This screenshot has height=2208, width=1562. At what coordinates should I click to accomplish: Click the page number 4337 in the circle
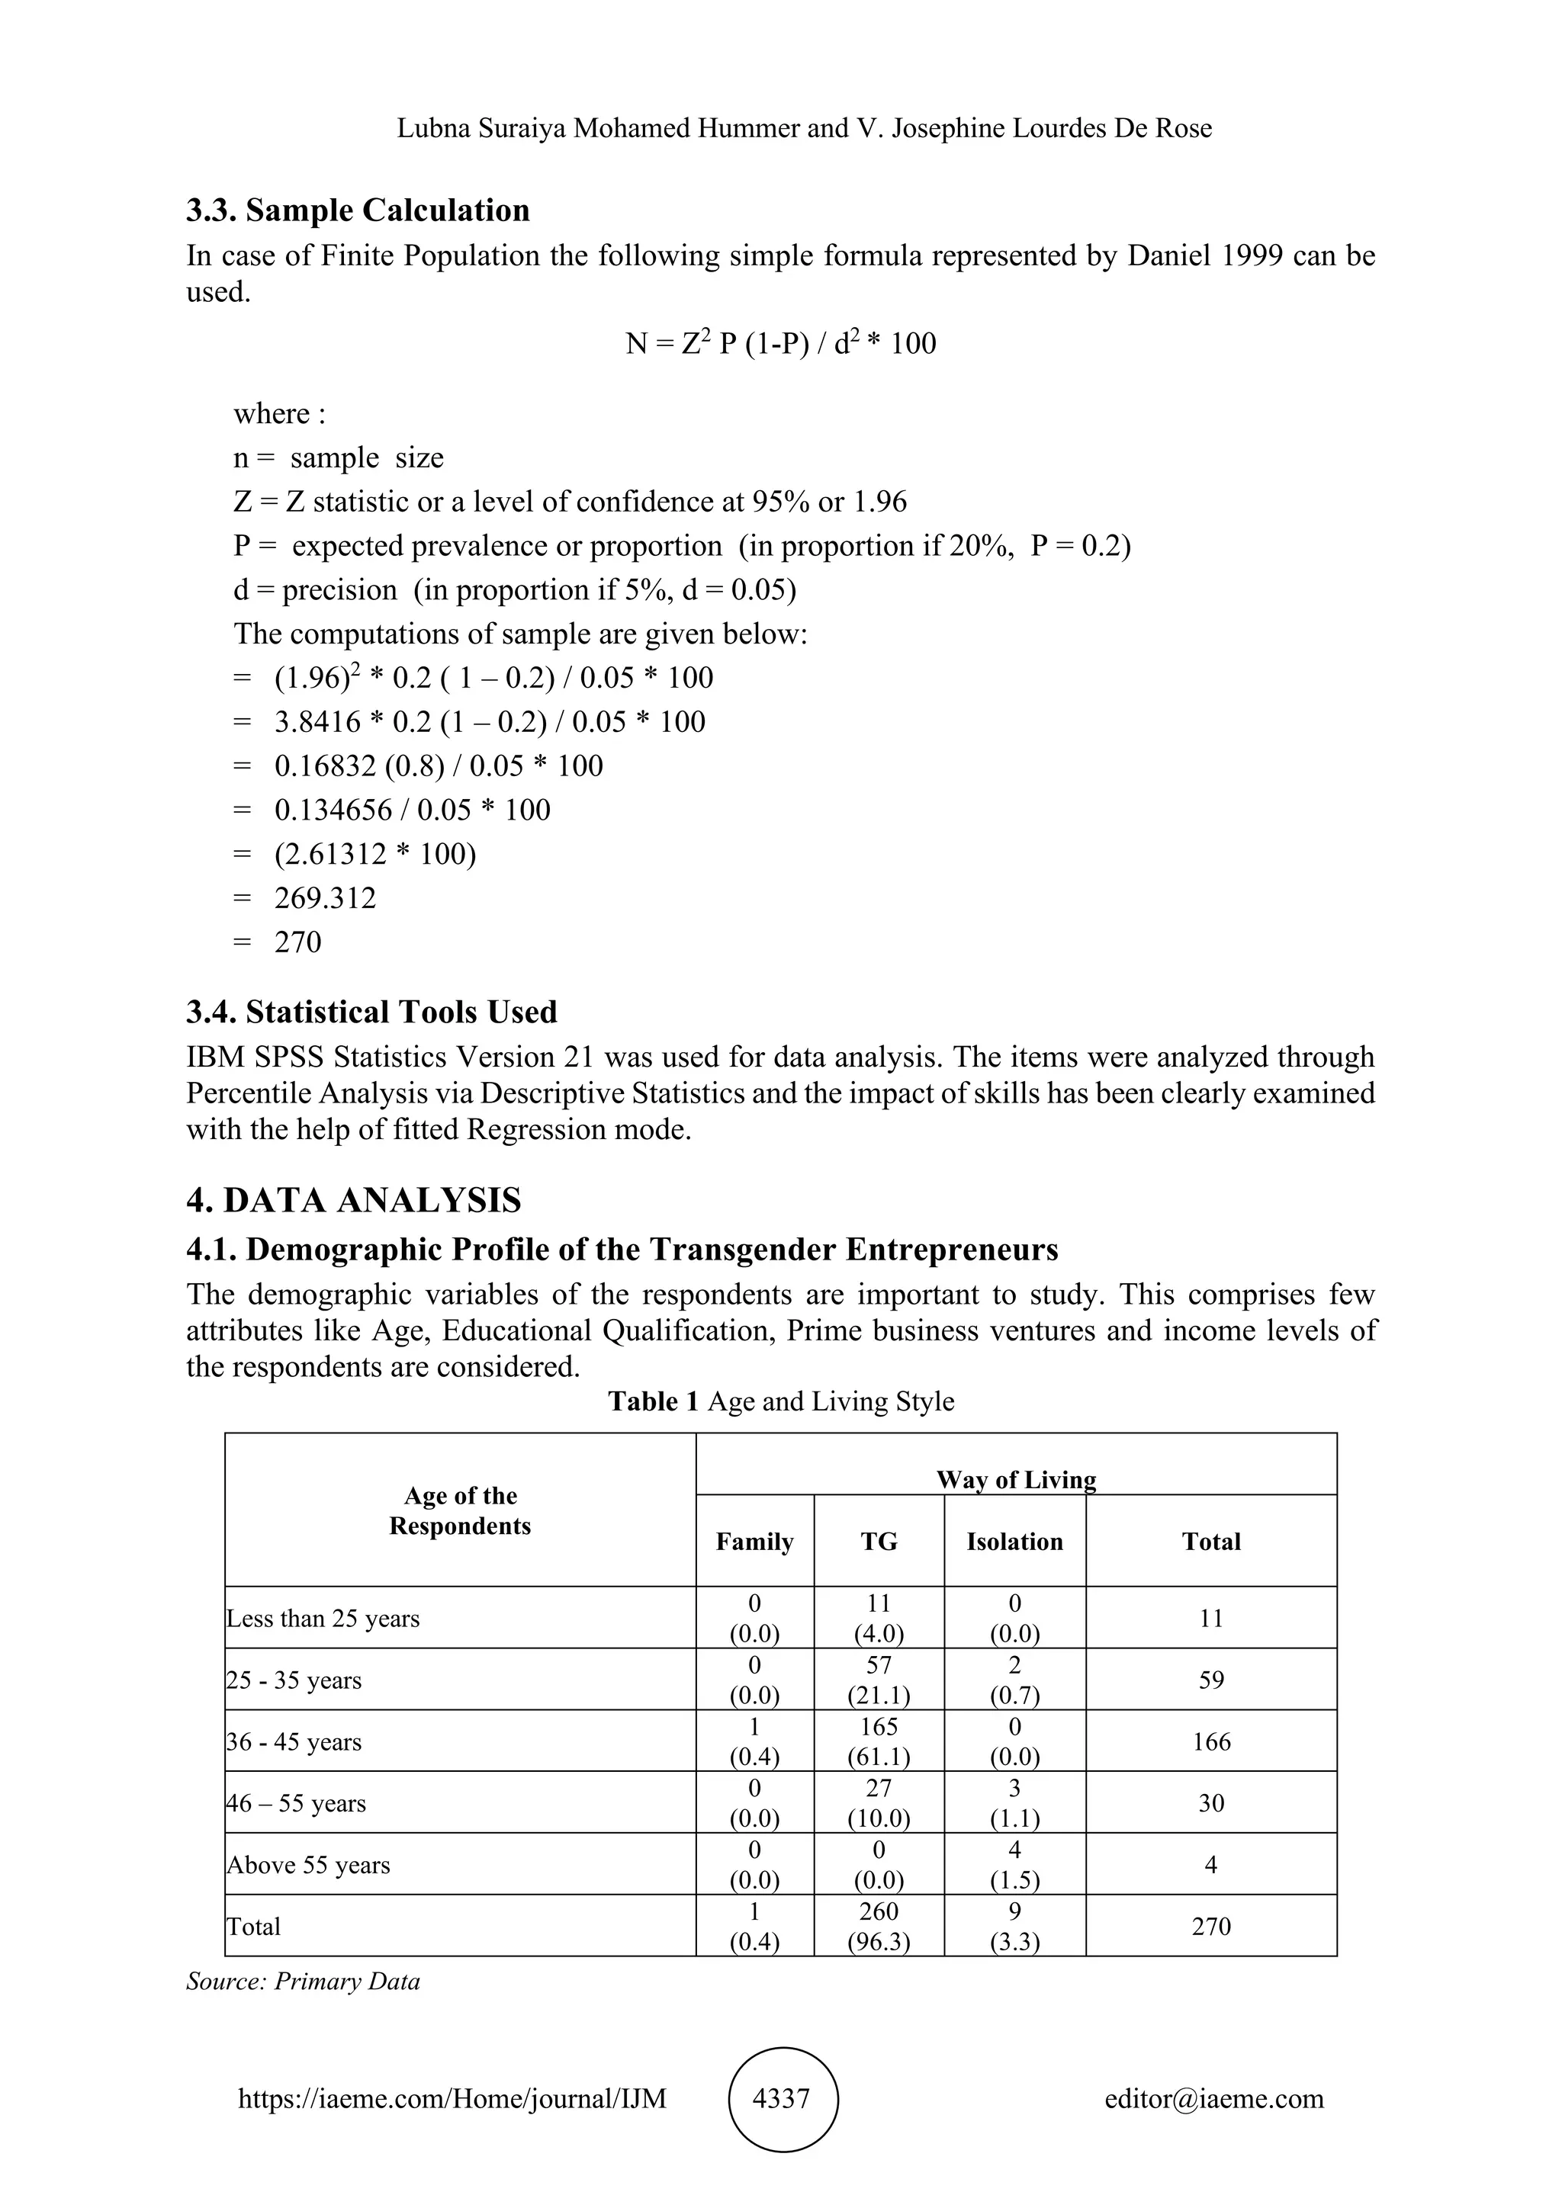(x=781, y=2098)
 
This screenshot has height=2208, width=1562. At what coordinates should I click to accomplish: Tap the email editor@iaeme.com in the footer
(x=1213, y=2098)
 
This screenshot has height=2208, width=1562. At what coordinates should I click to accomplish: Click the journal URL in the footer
(x=452, y=2098)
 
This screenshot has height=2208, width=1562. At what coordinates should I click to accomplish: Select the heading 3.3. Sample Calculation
(x=358, y=210)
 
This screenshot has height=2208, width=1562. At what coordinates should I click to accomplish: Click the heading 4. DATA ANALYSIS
(x=354, y=1200)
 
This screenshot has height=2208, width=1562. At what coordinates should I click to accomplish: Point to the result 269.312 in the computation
(x=325, y=898)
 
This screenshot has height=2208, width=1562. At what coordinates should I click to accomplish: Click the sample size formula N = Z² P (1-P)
(x=780, y=343)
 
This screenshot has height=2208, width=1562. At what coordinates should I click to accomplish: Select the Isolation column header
(x=1014, y=1542)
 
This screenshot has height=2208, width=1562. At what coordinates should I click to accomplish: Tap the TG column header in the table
(x=879, y=1542)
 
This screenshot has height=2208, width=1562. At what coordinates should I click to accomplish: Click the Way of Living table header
(x=1016, y=1480)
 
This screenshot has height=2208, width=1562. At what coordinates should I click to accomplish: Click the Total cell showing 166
(x=1211, y=1741)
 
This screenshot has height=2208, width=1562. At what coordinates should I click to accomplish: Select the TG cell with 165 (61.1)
(x=879, y=1741)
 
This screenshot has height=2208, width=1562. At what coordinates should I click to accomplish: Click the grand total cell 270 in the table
(x=1211, y=1926)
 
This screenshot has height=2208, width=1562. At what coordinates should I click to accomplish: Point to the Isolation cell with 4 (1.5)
(x=1014, y=1865)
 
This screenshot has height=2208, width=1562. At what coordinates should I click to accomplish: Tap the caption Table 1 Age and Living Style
(x=781, y=1401)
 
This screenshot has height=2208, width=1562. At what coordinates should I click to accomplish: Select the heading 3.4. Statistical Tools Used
(x=371, y=1012)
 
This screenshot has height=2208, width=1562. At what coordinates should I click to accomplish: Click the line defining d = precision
(x=515, y=589)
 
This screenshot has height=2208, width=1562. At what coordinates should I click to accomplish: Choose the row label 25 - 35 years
(x=294, y=1680)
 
